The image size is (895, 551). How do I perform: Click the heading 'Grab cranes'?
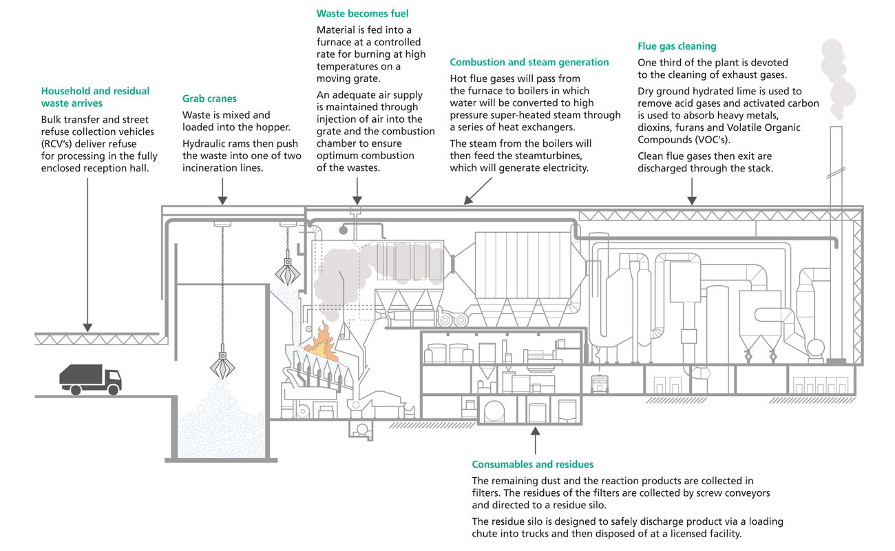point(209,99)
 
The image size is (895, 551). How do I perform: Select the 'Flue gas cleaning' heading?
point(677,46)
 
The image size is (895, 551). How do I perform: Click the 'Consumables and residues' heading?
point(532,464)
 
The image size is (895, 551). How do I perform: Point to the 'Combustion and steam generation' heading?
point(529,62)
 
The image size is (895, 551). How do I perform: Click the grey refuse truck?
point(90,380)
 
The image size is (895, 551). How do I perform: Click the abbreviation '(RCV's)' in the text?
point(60,144)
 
